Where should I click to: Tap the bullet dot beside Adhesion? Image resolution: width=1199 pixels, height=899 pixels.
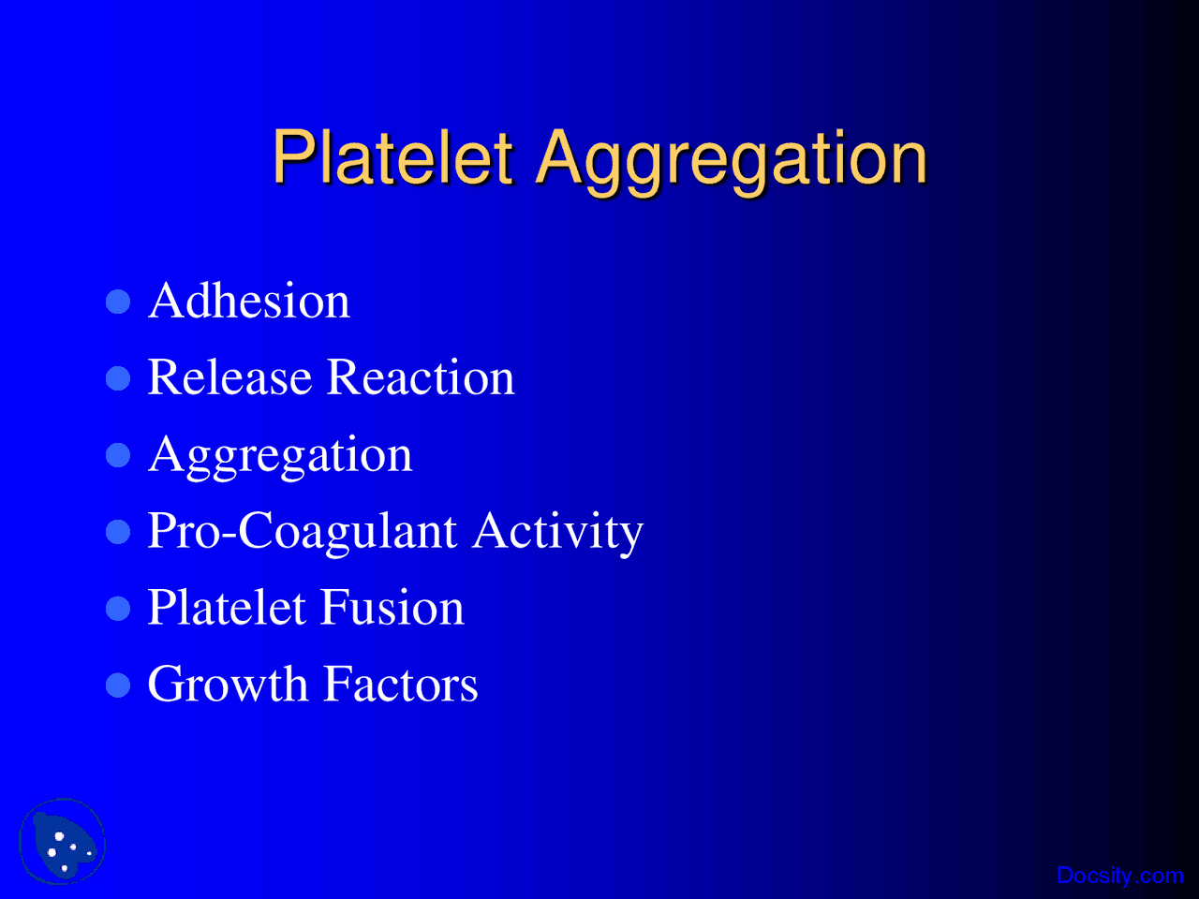118,302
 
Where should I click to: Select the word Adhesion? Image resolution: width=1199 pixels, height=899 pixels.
249,302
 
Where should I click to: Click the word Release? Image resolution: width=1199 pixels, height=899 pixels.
229,378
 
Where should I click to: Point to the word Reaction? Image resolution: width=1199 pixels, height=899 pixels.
421,378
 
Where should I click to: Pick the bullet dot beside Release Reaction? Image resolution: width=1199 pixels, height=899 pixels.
118,378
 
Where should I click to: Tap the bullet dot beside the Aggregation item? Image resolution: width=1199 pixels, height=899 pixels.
118,455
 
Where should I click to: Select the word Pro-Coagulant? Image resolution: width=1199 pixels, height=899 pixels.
302,532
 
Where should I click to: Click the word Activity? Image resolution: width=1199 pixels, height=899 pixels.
558,532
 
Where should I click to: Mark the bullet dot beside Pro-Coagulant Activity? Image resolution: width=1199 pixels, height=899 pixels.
118,532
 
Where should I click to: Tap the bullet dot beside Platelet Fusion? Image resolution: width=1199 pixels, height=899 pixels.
118,609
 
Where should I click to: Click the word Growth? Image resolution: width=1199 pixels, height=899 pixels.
228,685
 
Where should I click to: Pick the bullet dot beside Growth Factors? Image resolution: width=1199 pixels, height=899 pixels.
118,685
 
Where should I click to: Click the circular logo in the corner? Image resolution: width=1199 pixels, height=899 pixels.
62,842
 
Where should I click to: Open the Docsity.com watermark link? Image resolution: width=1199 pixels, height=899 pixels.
1119,877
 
